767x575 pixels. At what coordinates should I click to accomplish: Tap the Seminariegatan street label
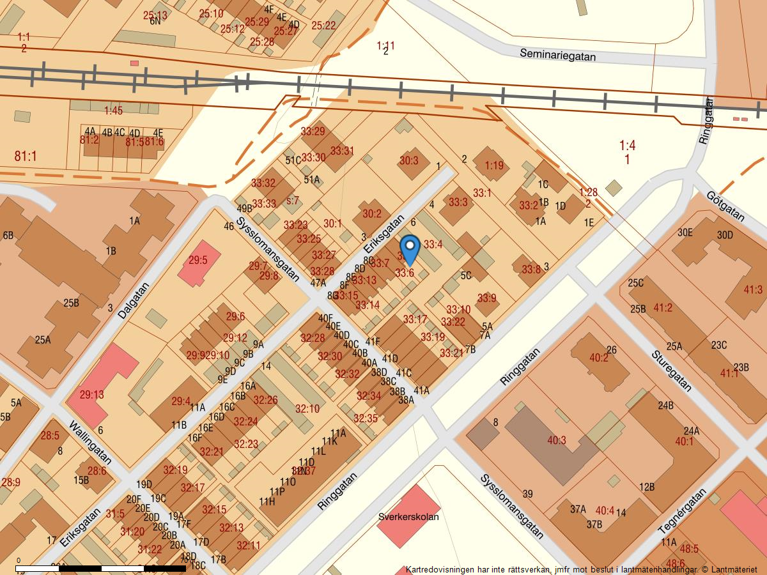557,56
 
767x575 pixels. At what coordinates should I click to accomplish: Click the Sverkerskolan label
408,517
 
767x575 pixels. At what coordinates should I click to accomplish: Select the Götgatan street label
725,206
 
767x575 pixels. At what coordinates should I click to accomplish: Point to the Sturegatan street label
671,370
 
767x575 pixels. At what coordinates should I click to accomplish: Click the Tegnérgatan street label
683,511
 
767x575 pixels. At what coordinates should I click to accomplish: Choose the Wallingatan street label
90,442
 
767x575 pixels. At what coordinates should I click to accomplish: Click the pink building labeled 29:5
198,261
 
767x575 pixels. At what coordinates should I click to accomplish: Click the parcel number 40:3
557,440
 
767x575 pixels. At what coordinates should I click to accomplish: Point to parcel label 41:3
753,290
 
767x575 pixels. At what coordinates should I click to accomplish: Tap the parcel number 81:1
26,156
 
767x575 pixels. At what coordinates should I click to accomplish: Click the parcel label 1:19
493,165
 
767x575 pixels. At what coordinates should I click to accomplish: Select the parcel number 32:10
307,409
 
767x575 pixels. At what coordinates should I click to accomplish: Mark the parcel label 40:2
599,358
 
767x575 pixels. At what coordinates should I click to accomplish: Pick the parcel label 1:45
113,111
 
